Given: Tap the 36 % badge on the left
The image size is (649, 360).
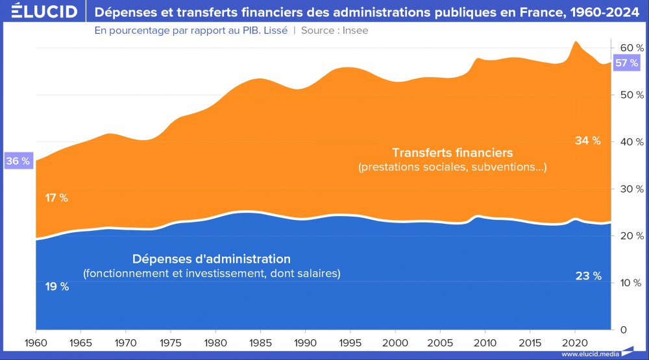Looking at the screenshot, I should pos(17,161).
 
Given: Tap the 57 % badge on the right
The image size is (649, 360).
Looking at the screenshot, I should pos(627,63).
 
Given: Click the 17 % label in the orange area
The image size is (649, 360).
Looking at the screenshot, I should pos(56,198).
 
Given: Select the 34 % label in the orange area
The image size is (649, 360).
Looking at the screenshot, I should pos(588,141).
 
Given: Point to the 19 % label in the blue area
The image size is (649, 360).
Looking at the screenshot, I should pos(56,287).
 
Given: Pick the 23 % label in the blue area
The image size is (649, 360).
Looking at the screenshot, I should pos(588,276).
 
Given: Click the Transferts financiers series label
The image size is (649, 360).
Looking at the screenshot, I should pos(452,153).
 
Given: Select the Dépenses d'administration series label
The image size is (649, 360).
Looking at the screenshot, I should pos(212,259).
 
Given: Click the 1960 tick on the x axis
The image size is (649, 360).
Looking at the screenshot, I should pos(36,341).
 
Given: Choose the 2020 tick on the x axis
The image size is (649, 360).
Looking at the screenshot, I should pos(574,341).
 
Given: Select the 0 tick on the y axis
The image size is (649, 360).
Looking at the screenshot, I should pos(622,330).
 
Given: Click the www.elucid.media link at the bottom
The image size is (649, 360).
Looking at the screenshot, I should pos(589,354).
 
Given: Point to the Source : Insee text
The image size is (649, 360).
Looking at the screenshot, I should pos(335,30).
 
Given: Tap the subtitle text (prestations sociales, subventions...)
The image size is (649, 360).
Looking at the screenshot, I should pos(452,167).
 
